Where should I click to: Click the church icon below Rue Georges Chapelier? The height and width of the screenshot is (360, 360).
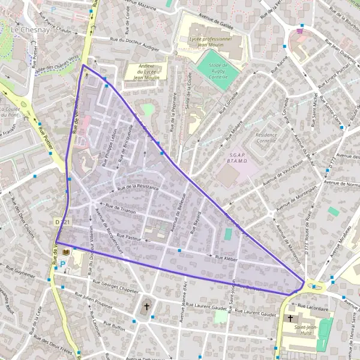(146, 308)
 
